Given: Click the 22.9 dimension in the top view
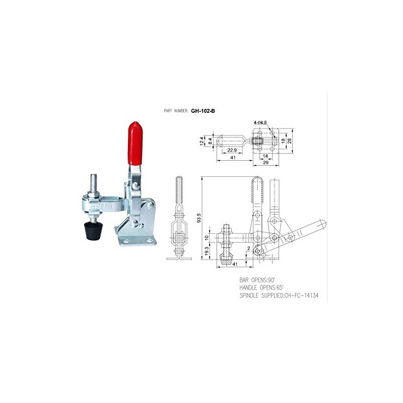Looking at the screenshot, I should click(x=232, y=150).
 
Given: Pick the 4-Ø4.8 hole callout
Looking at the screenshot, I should click(x=260, y=122).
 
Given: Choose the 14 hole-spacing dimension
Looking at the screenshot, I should click(x=265, y=157).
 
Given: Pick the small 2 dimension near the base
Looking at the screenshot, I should click(x=249, y=248).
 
